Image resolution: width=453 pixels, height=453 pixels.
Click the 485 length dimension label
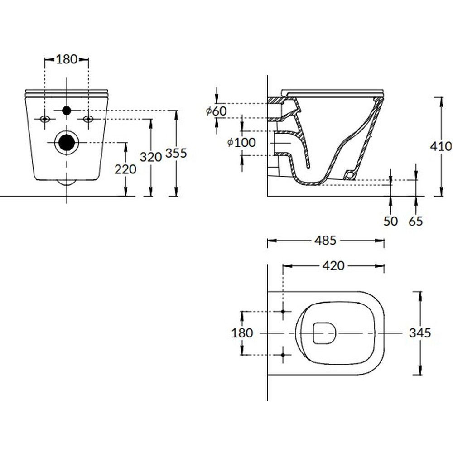(x=325, y=241)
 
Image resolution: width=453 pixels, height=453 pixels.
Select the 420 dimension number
(x=333, y=266)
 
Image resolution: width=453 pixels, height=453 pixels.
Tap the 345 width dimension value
(x=420, y=333)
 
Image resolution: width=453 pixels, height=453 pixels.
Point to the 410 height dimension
(x=441, y=146)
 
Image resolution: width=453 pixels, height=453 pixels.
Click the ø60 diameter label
(x=217, y=111)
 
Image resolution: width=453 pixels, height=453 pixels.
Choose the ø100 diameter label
(x=241, y=142)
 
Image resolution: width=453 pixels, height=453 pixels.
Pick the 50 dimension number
(x=390, y=222)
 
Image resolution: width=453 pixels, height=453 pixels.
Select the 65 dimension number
(x=416, y=222)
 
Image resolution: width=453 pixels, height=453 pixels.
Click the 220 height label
(x=125, y=169)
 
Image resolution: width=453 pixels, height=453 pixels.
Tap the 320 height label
(x=150, y=157)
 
